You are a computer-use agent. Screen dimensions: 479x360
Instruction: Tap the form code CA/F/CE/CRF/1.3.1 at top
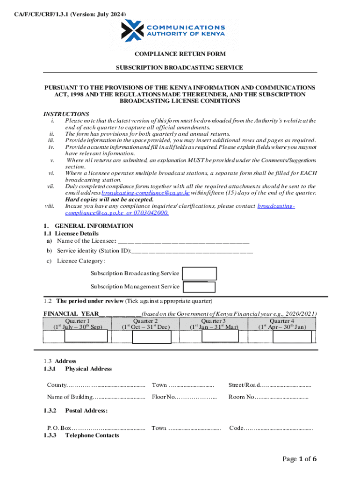pos(69,15)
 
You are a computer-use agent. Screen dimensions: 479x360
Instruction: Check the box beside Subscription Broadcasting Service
pos(199,274)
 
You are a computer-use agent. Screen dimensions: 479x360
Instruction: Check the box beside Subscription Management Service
pos(199,287)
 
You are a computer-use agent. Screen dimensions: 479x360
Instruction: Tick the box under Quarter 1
pos(86,337)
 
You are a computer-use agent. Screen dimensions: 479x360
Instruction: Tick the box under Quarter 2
pos(151,337)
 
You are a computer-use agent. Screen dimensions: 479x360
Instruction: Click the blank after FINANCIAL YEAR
pos(120,314)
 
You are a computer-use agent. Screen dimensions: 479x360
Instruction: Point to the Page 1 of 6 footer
pos(300,459)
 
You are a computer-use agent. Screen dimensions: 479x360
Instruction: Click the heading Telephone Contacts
pos(92,435)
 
